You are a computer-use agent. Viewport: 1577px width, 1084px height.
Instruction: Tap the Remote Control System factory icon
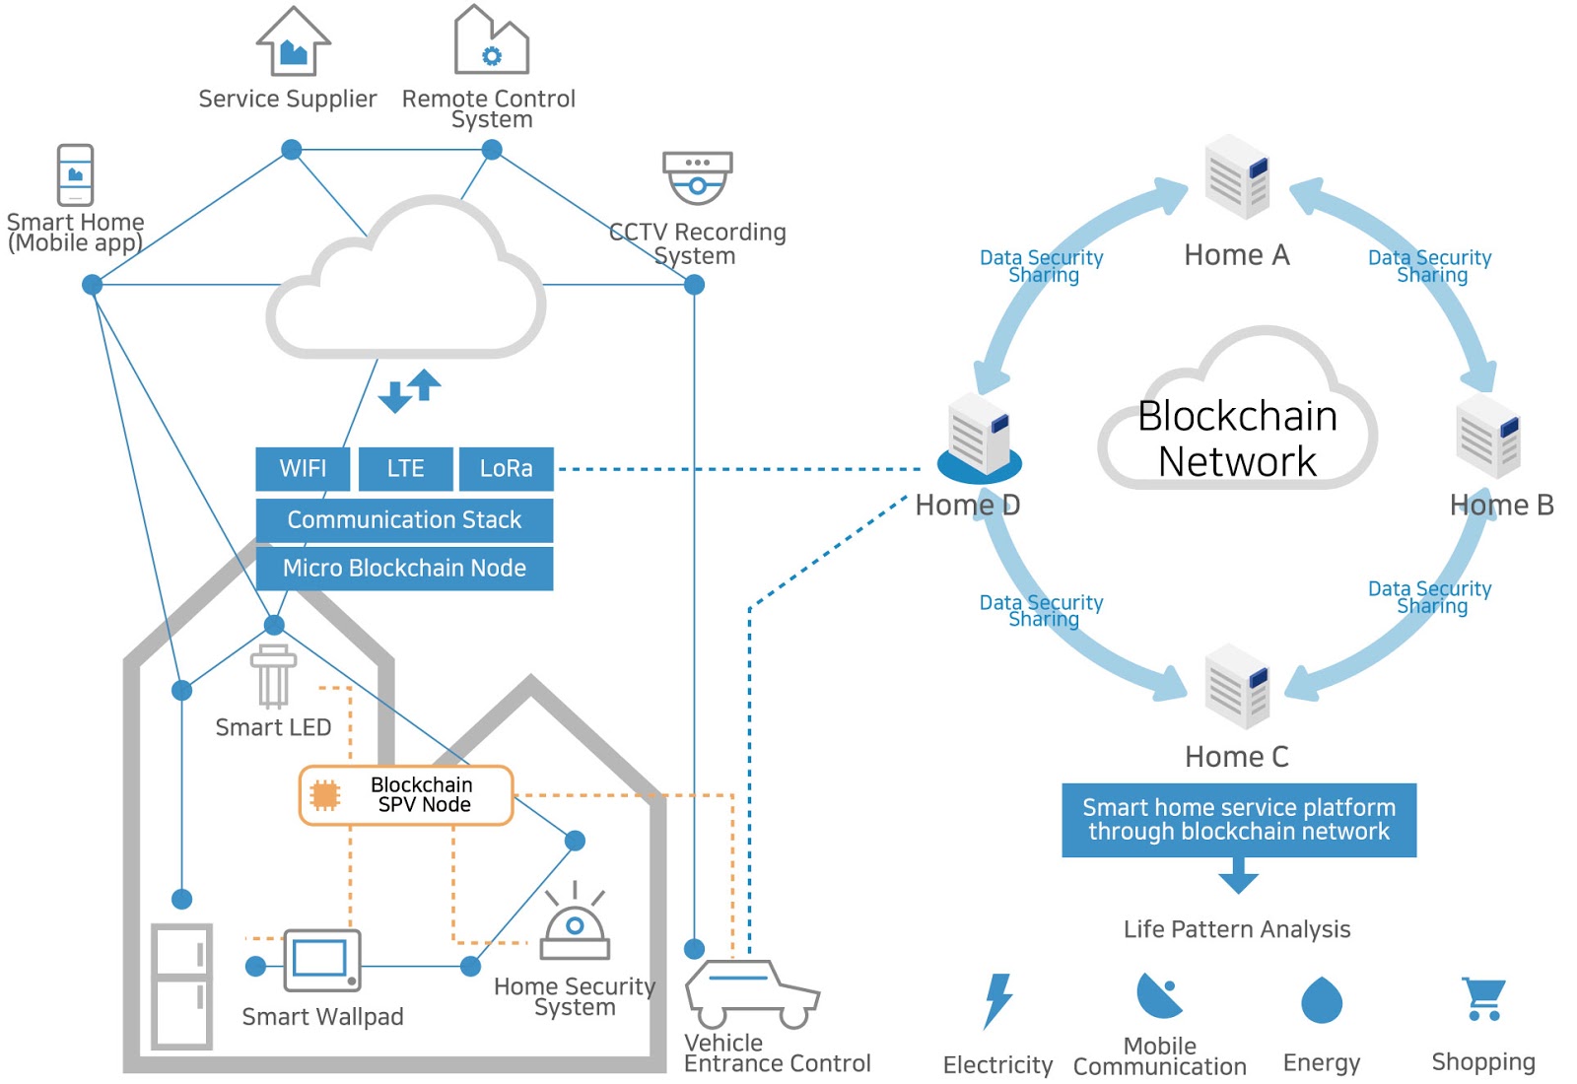(x=491, y=41)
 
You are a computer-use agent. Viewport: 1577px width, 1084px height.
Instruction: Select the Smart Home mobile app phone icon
(x=75, y=174)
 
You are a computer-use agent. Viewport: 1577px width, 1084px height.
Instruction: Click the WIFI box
(x=303, y=469)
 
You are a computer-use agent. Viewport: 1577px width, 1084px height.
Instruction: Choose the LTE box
(x=405, y=469)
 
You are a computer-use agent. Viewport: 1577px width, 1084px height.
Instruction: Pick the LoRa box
(x=506, y=469)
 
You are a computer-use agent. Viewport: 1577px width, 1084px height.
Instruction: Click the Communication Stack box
(x=404, y=520)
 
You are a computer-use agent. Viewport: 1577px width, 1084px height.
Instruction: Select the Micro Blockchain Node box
(x=404, y=569)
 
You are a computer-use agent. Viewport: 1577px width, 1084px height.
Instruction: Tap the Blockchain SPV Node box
(x=406, y=795)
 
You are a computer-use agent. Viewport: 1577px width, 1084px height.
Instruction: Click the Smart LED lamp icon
(x=273, y=677)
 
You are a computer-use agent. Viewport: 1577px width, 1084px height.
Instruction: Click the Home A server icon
(x=1237, y=177)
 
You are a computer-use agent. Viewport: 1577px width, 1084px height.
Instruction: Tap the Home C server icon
(x=1237, y=686)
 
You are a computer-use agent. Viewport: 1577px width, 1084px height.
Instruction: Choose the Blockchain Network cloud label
(x=1237, y=439)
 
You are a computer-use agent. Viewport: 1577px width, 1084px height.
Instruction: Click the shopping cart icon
(x=1483, y=998)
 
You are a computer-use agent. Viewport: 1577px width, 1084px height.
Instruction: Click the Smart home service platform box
(x=1239, y=820)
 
